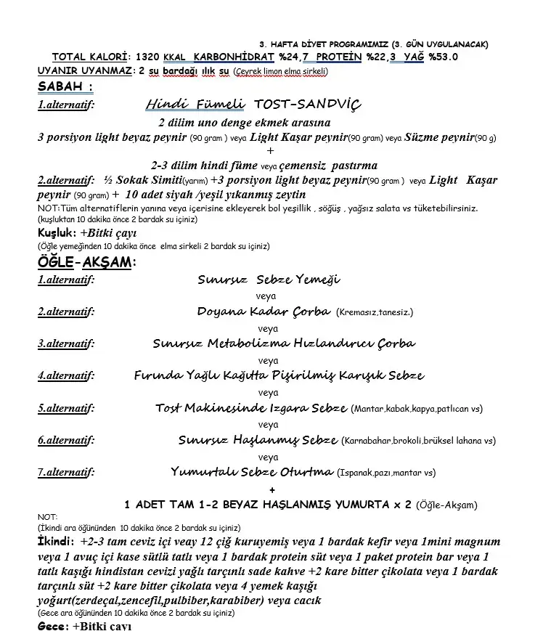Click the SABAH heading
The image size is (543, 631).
pos(65,87)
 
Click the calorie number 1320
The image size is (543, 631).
pos(148,57)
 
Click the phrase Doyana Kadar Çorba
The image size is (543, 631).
pos(264,312)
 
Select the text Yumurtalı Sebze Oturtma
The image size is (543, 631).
pos(252,472)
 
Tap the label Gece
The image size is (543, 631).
pos(52,625)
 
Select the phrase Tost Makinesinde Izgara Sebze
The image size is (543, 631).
pos(251,408)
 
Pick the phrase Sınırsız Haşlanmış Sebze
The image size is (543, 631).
pos(258,440)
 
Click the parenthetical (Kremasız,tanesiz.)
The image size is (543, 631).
pos(375,312)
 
